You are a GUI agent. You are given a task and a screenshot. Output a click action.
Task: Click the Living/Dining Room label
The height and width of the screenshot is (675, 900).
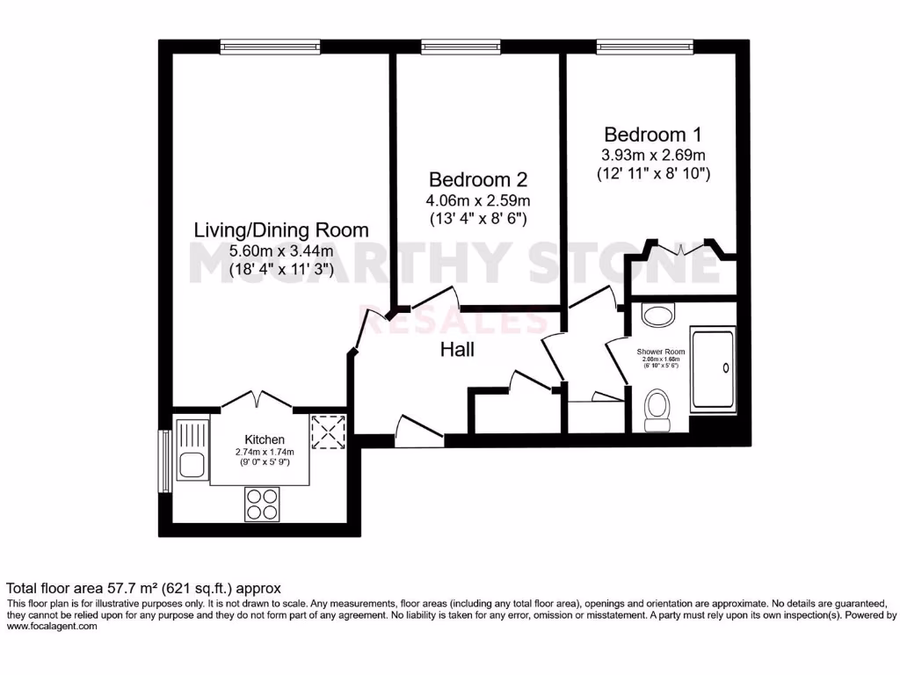pos(280,230)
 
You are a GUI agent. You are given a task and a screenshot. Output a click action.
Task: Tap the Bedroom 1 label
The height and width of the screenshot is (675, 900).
pos(652,134)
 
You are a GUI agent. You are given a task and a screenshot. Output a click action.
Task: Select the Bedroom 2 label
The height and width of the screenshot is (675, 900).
pos(477,179)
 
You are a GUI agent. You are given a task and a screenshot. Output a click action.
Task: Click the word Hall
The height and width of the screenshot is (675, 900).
pos(457,350)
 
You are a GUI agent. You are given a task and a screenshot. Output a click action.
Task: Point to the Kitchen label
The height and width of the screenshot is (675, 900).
pos(265,439)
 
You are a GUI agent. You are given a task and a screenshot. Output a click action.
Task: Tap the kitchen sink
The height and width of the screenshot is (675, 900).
pos(191,449)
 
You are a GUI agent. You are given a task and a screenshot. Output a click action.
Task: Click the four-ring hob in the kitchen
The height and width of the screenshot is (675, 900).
pos(261,504)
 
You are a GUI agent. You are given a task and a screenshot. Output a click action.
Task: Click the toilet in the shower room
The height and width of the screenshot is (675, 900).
pos(657,411)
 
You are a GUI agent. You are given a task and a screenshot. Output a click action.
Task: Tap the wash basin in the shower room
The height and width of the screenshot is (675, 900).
pos(655,314)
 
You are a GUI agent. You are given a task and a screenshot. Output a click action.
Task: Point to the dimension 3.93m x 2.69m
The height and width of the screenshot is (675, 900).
pos(652,155)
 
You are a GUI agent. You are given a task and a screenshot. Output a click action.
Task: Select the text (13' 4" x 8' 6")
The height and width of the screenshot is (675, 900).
pos(477,218)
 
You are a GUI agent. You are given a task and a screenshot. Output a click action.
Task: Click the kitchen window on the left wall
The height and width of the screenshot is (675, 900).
pos(163,461)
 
